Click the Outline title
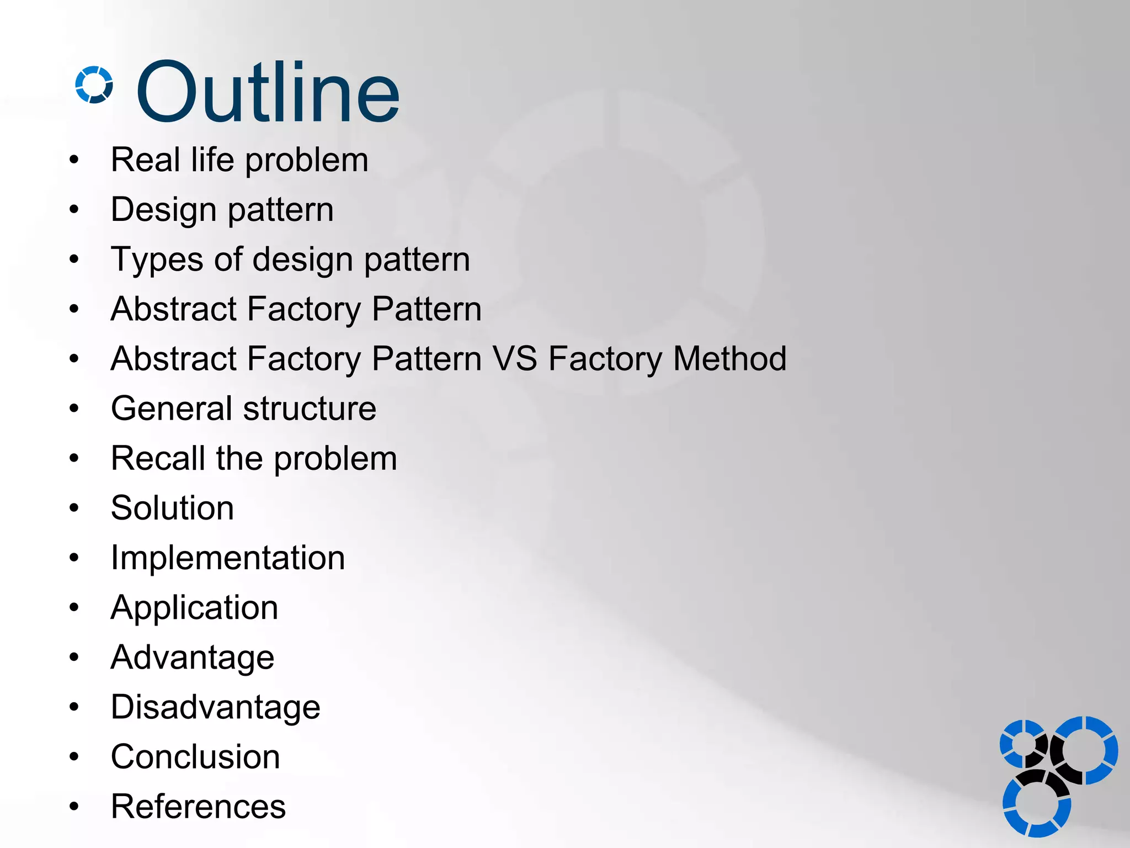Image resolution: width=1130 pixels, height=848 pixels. coord(268,92)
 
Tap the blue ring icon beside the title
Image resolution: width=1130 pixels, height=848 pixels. coord(94,85)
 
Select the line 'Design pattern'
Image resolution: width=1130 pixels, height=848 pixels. coord(222,210)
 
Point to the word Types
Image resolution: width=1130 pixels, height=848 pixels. coord(157,260)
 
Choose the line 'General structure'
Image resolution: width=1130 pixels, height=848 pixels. coord(243,409)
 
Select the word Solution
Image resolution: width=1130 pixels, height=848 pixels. coord(172,508)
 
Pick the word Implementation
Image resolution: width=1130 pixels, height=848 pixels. coord(228,558)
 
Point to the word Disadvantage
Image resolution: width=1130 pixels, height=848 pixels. coord(215,707)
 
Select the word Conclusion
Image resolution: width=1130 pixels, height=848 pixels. coord(195,757)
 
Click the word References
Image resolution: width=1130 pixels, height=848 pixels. coord(198,807)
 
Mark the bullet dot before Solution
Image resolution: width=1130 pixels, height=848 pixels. coord(74,508)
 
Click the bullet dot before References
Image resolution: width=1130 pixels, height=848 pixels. coord(74,807)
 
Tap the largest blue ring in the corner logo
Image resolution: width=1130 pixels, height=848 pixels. coord(1085,750)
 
